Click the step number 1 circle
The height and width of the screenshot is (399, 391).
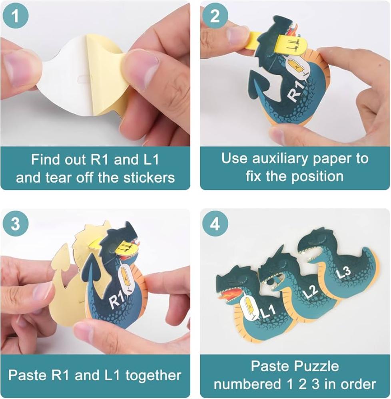tap(15, 16)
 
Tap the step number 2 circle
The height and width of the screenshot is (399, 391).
tap(215, 16)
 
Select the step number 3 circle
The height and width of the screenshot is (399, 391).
tap(15, 224)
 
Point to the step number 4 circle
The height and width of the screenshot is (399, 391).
tap(215, 224)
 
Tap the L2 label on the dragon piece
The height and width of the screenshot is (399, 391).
tap(310, 292)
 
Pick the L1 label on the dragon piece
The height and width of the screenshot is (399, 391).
tap(268, 311)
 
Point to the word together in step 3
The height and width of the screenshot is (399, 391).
tap(153, 375)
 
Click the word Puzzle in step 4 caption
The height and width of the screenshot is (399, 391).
tap(317, 366)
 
